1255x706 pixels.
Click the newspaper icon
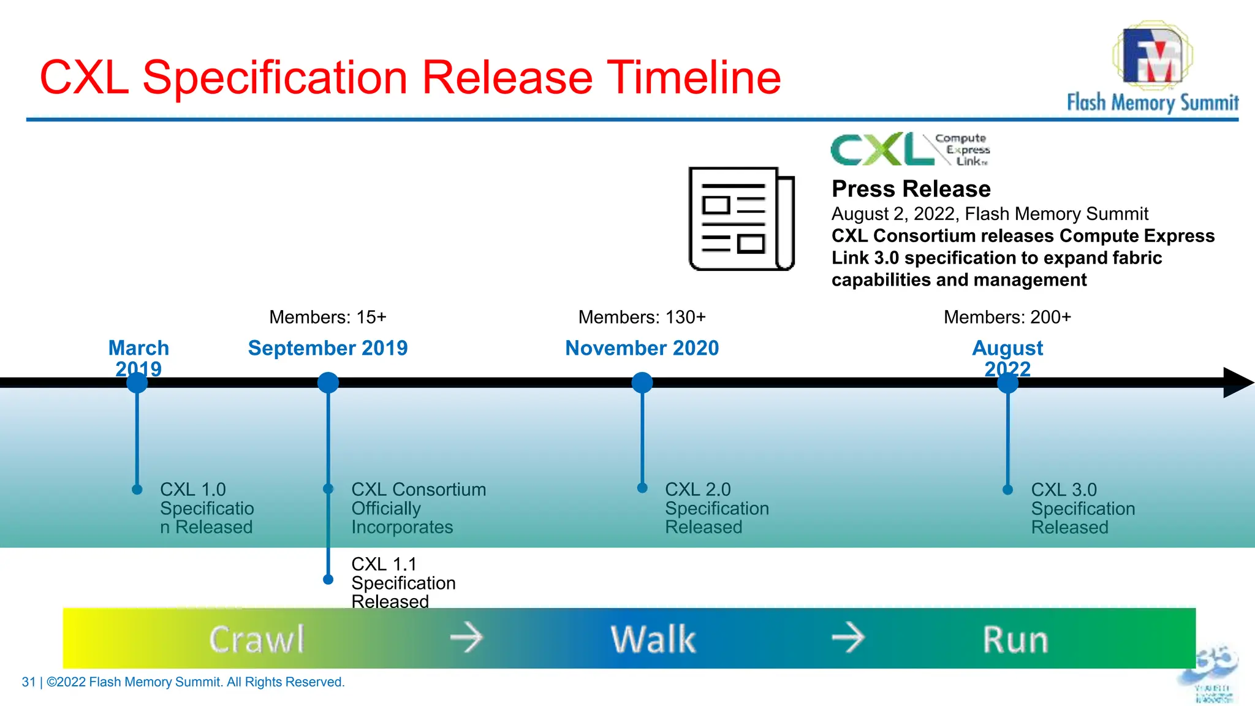741,219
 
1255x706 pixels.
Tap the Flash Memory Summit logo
1152,67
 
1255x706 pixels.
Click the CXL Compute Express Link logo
910,149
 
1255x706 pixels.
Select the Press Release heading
911,189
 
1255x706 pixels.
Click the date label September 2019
328,348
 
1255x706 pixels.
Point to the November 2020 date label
642,348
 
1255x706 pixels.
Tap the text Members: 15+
328,317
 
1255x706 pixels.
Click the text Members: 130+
642,317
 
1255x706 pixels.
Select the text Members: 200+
1007,317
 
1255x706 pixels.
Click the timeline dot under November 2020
642,382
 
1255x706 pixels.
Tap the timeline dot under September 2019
328,382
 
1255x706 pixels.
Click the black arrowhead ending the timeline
1237,382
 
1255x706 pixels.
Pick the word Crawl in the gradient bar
257,639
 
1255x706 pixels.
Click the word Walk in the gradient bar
653,639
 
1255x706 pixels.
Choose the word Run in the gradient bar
1015,639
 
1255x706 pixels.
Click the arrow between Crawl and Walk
466,637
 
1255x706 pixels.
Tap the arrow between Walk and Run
848,637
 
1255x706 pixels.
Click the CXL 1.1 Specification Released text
403,582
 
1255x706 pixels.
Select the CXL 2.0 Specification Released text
716,508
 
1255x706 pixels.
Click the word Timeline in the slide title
694,78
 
